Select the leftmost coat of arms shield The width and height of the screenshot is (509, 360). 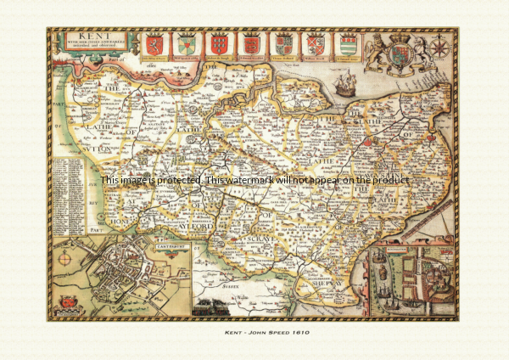tap(154, 44)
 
